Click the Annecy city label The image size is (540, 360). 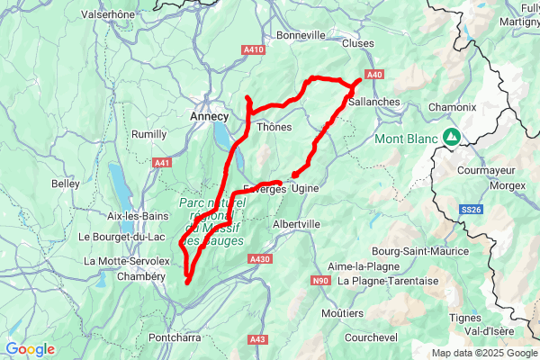210,116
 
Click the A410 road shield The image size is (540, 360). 253,49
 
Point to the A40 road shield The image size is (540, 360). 375,74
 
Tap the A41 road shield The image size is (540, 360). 162,163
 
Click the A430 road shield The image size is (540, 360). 259,259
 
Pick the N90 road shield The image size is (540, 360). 321,281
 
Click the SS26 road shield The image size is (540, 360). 472,210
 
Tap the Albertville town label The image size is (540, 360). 296,223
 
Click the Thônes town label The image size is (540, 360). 274,127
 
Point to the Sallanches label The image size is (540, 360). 373,102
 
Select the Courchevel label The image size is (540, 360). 371,337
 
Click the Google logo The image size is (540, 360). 30,349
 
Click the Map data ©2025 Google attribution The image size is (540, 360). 483,353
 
